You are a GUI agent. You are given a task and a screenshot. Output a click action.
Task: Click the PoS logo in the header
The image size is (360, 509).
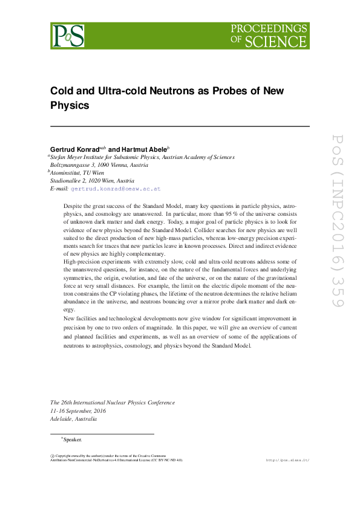click(x=68, y=36)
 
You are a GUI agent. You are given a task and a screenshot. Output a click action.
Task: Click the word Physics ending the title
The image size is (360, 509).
click(x=69, y=105)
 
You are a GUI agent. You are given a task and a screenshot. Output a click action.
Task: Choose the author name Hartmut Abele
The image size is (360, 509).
click(x=147, y=149)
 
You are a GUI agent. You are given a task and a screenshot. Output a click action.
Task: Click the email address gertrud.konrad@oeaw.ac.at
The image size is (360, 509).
click(x=116, y=189)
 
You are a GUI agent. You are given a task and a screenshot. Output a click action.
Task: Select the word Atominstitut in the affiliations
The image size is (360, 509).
click(x=68, y=172)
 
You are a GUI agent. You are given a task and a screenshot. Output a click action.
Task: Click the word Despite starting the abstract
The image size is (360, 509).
click(x=73, y=206)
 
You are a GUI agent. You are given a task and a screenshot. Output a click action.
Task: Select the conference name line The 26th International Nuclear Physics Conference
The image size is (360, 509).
click(x=113, y=403)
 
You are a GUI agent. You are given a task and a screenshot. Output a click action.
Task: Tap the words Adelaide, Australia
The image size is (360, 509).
click(x=73, y=418)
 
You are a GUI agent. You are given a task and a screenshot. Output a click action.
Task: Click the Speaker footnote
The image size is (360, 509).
click(x=71, y=439)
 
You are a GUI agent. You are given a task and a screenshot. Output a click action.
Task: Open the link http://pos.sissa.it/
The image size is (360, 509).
click(x=287, y=460)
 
